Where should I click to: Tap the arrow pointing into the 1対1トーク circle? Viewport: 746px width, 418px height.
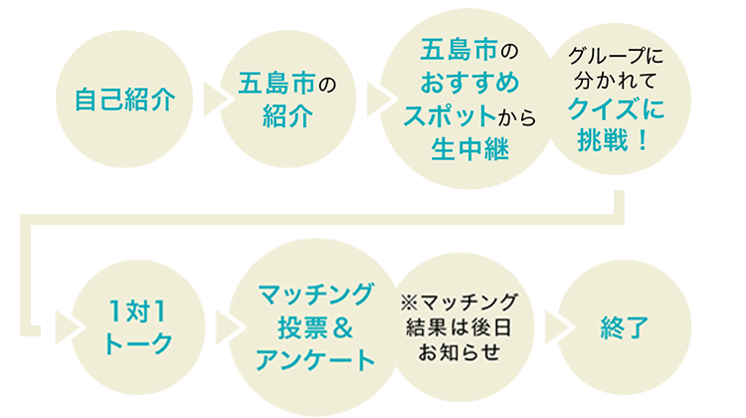pos(68,325)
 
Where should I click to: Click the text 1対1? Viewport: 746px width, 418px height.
pos(137,310)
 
